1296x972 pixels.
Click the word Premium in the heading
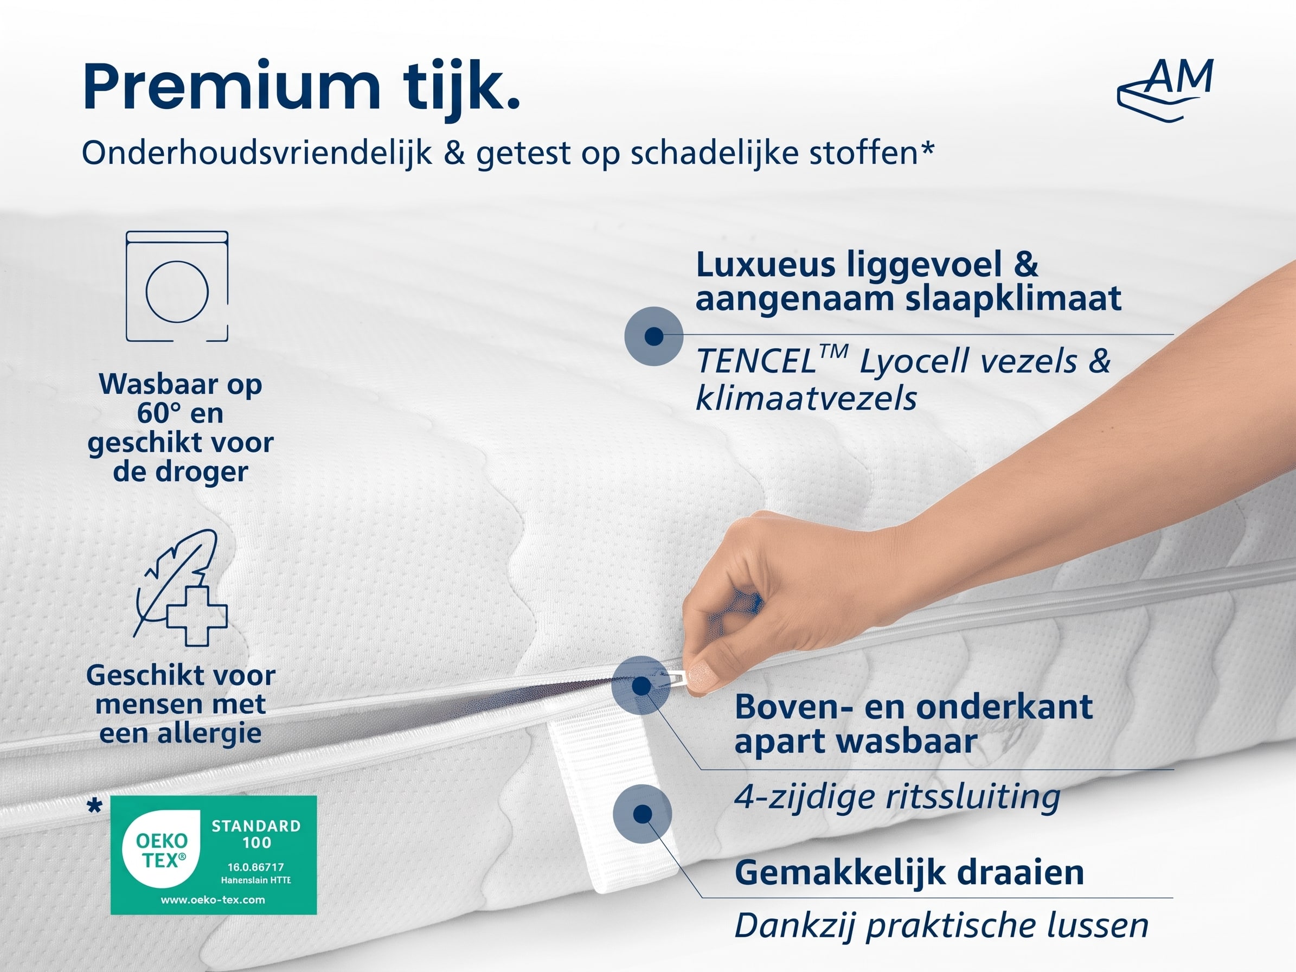[x=232, y=87]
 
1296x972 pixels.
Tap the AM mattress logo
[x=1165, y=91]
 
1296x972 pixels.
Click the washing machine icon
[x=177, y=286]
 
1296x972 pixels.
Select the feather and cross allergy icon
[x=181, y=587]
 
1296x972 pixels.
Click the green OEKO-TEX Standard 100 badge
[x=214, y=855]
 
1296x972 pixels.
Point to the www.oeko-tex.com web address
[x=213, y=899]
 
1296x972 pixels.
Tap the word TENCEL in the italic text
[x=756, y=361]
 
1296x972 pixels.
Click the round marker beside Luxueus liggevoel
[x=654, y=336]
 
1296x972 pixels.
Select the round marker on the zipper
[x=641, y=685]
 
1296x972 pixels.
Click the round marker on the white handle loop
[x=643, y=814]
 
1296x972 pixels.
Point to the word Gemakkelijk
[x=842, y=873]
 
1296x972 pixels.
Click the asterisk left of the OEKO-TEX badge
[x=94, y=806]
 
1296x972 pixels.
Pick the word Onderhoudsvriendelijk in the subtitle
[x=256, y=154]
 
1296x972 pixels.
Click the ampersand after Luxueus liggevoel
[x=1025, y=264]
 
